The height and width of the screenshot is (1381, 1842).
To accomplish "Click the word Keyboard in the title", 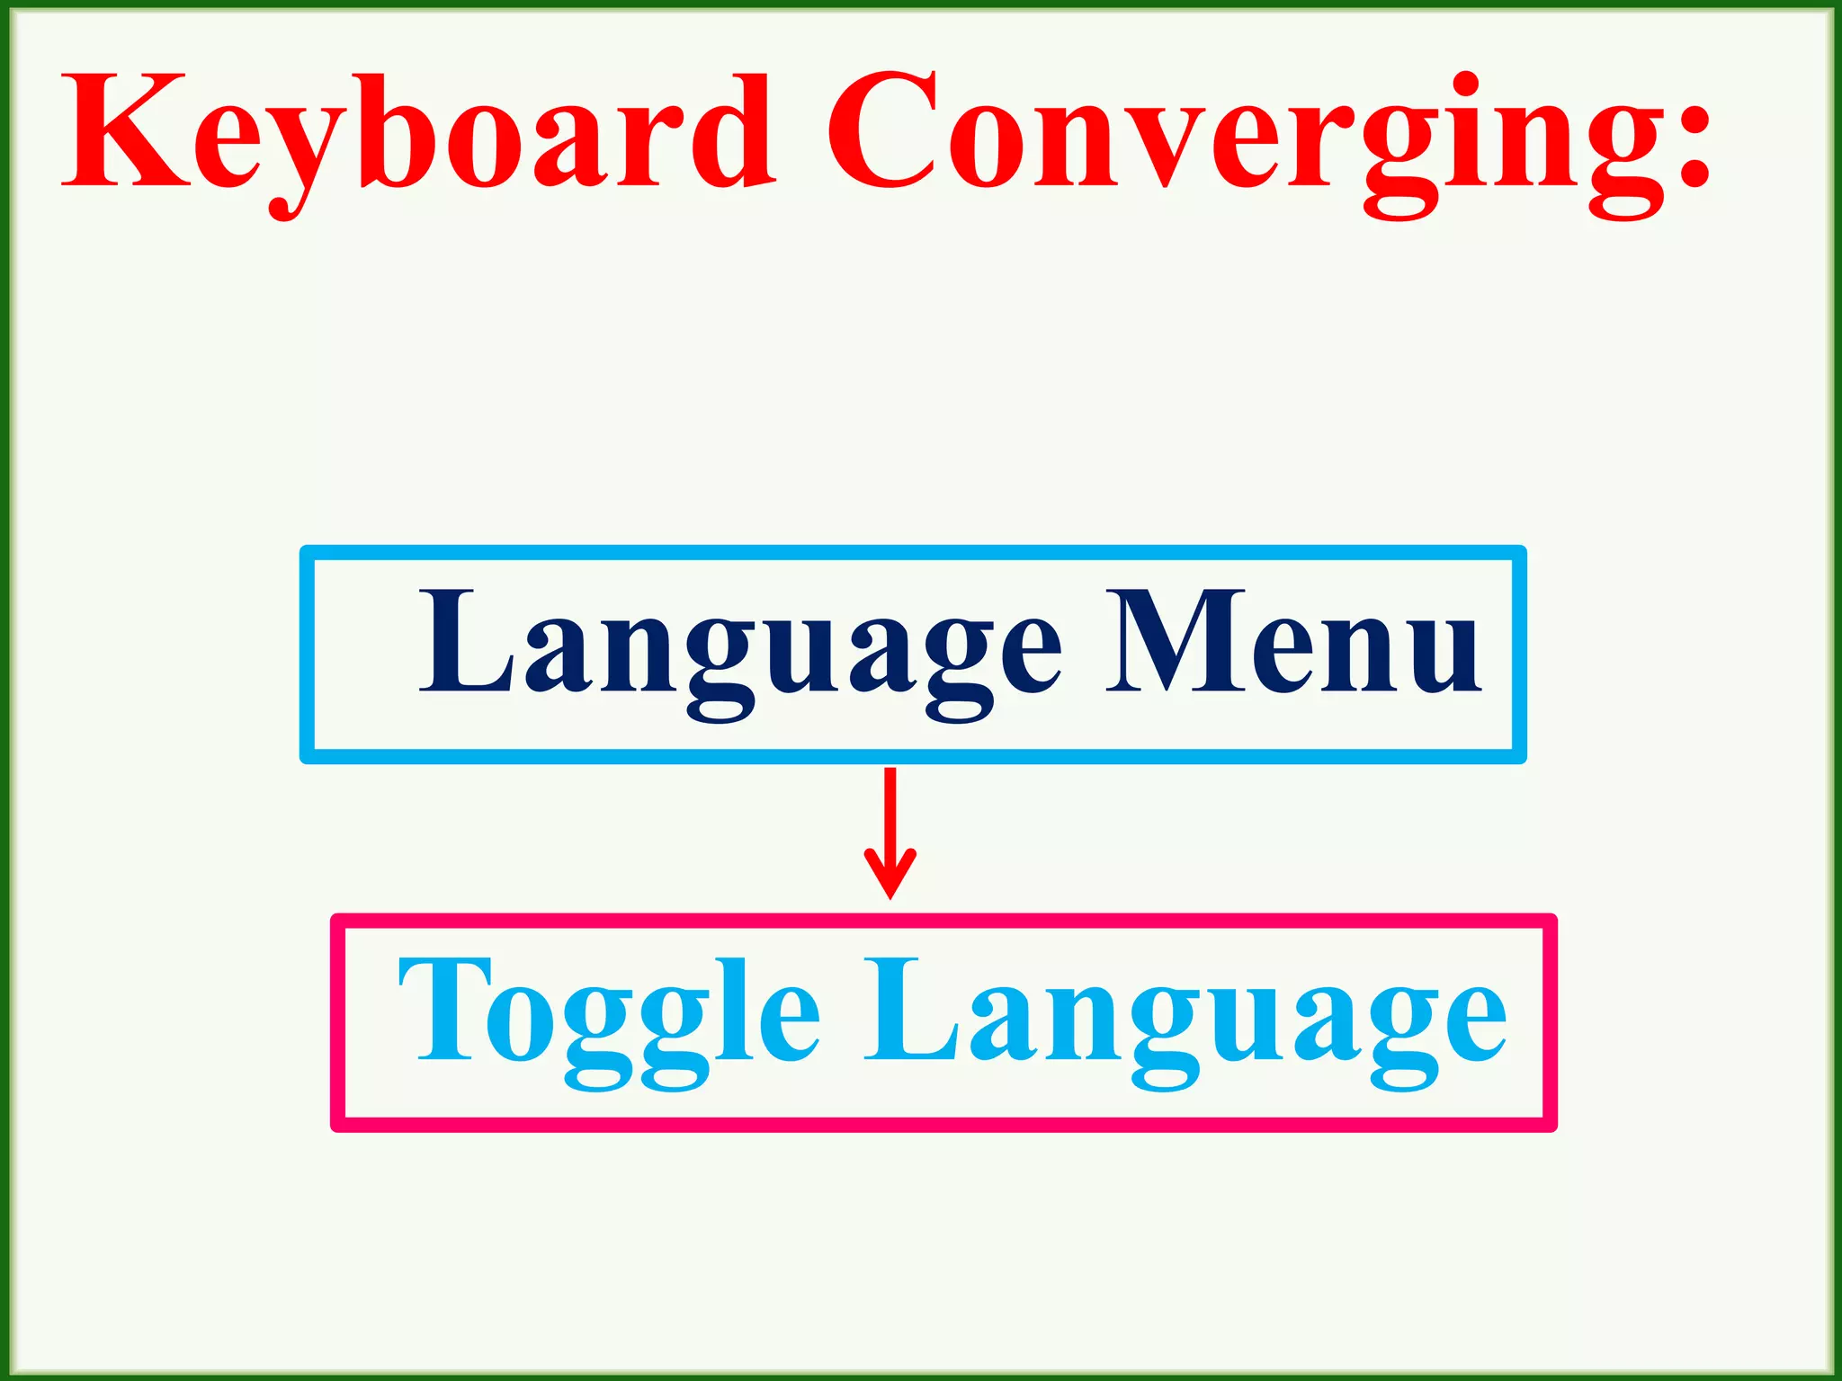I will pyautogui.click(x=418, y=135).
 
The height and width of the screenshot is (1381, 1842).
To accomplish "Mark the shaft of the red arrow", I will pyautogui.click(x=890, y=809).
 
